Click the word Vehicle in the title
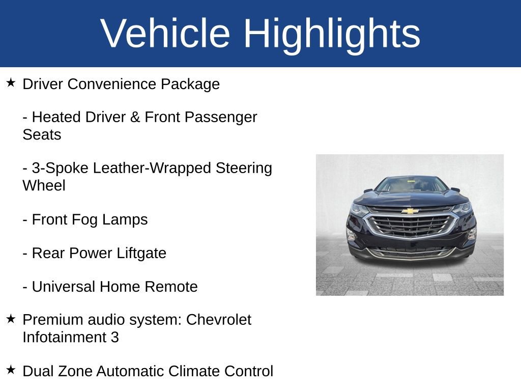click(x=165, y=34)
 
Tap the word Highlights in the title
click(x=332, y=34)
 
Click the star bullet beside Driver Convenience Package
click(x=11, y=82)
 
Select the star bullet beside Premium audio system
click(x=11, y=319)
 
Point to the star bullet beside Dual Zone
click(x=11, y=370)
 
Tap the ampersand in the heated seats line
click(x=135, y=117)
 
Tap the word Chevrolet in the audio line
click(x=219, y=320)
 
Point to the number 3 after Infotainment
click(x=114, y=337)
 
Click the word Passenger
click(x=220, y=117)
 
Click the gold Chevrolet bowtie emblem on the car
click(x=410, y=211)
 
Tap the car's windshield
click(x=411, y=184)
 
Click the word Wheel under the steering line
click(x=44, y=185)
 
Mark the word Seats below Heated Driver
click(x=42, y=134)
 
